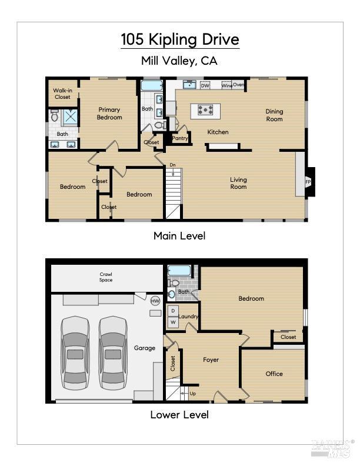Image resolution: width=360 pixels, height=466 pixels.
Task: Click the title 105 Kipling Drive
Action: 180,40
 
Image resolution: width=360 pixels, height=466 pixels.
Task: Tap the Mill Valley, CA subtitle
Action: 180,60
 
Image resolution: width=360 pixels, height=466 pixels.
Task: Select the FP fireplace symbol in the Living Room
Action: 308,182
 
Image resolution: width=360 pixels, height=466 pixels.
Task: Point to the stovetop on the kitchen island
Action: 205,109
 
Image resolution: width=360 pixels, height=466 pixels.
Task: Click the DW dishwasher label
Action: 205,85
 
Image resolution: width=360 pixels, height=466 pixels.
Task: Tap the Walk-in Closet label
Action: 62,93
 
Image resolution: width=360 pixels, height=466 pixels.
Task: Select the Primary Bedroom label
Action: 109,113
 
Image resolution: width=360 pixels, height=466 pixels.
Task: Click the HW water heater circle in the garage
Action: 155,301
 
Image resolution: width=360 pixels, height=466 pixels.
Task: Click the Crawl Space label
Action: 106,277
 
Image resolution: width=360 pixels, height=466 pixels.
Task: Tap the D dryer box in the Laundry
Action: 173,311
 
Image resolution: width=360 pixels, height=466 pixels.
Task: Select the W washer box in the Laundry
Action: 173,322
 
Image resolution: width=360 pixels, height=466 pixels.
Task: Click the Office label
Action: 274,374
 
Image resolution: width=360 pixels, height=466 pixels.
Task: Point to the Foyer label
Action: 211,360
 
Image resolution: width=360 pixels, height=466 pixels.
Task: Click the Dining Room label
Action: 274,115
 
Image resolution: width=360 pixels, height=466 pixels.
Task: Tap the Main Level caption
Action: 179,236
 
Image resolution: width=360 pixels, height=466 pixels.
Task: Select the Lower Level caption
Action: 179,415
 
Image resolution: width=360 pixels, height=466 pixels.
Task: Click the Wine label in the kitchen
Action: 226,85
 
